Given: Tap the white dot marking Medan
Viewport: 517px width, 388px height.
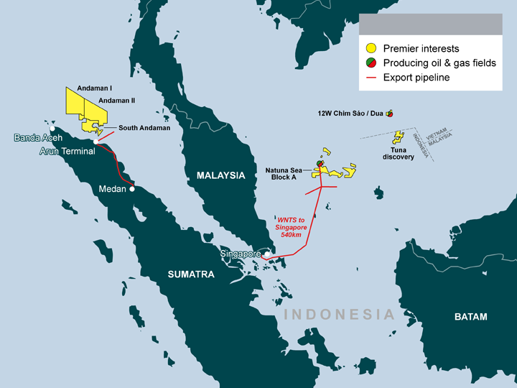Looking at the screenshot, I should click(131, 190).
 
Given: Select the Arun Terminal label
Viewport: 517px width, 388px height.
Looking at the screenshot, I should click(66, 151).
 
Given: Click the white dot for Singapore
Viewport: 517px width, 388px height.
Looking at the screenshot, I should click(266, 254).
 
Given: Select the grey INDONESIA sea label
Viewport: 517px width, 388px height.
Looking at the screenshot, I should click(339, 315).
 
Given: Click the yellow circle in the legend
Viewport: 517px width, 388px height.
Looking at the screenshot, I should click(371, 49).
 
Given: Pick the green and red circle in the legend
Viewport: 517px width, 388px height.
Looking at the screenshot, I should click(371, 63).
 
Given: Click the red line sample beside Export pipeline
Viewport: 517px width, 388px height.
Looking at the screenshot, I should click(371, 78).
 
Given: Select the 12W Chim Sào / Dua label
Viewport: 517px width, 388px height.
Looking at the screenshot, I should click(351, 114).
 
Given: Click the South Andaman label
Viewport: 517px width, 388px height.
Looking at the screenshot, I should click(144, 128).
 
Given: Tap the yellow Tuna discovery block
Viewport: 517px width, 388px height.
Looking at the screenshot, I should click(396, 138).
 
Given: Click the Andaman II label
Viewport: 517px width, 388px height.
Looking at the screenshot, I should click(115, 101).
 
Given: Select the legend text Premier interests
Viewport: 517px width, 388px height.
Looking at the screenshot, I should click(421, 49).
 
